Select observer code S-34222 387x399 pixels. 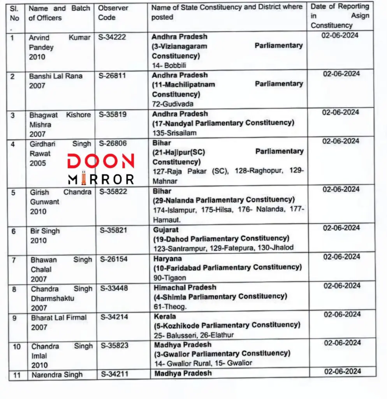[x=112, y=37]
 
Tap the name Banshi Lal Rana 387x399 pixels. [x=56, y=76]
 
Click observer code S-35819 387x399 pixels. [x=112, y=115]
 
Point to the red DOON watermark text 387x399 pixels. [x=101, y=161]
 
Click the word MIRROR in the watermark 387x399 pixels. [x=101, y=179]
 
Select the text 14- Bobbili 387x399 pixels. [x=169, y=65]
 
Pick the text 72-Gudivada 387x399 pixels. [x=172, y=104]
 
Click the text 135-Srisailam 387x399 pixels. [x=174, y=133]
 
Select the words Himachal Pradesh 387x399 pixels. [x=185, y=288]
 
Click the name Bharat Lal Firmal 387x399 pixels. [x=59, y=318]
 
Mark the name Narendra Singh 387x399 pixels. [x=57, y=375]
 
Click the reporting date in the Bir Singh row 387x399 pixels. [x=341, y=228]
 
